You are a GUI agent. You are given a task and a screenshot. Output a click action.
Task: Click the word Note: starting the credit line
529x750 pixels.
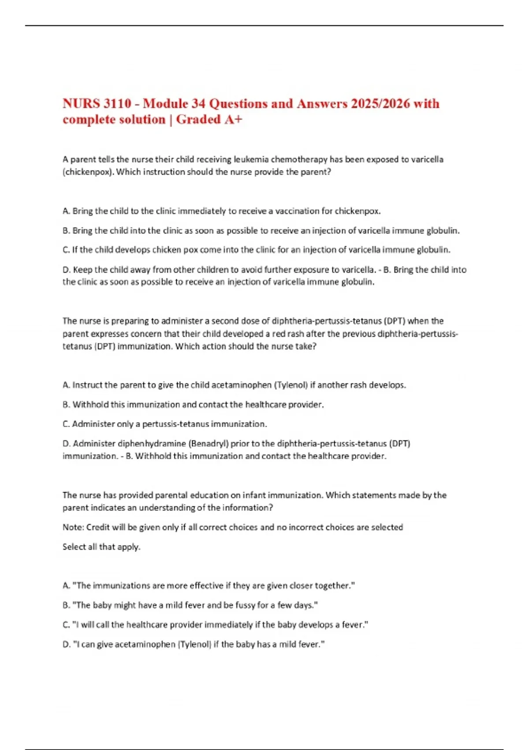(x=73, y=527)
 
